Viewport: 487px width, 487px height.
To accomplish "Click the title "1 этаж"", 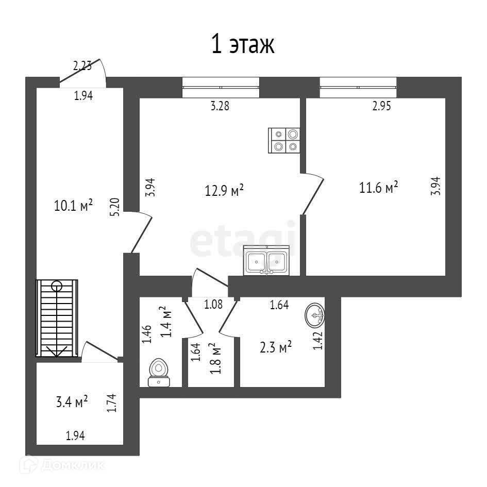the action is (243, 45).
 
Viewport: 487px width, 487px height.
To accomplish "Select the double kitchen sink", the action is (266, 261).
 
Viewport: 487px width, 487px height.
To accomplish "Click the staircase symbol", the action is (56, 317).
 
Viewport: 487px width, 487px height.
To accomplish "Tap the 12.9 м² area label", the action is (224, 191).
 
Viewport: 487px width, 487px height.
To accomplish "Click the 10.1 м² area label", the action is (73, 206).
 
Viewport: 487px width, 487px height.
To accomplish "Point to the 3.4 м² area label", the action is (72, 401).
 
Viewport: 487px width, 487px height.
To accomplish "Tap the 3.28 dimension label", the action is (220, 107).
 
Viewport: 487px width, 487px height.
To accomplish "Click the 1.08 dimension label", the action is (213, 304).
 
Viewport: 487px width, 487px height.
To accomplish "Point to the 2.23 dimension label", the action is (82, 65).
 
